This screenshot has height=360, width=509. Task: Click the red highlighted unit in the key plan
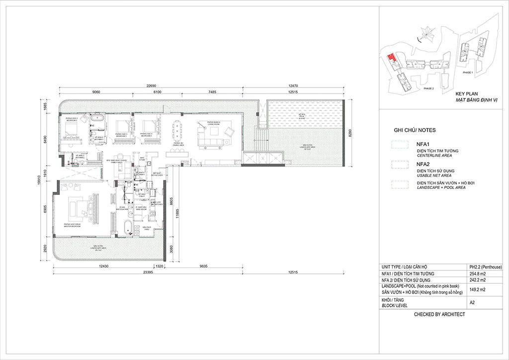(x=392, y=59)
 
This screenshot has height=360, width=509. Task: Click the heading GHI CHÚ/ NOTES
(x=415, y=130)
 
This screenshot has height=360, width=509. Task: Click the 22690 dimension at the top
(x=150, y=85)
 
